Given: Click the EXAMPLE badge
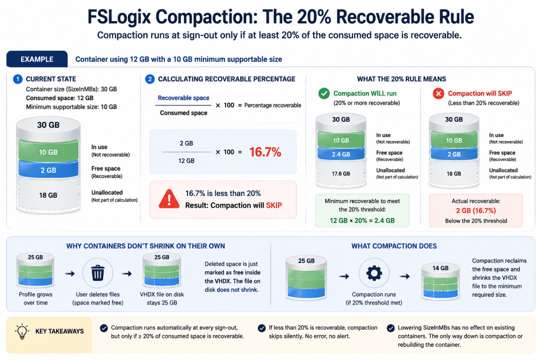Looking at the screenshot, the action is click(x=37, y=59).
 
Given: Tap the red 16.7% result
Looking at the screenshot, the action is click(x=265, y=152).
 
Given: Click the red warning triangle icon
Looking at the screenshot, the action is click(x=169, y=199).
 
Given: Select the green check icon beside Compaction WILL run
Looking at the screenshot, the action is click(x=324, y=93).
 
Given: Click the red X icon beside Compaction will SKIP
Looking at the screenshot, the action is click(x=439, y=93).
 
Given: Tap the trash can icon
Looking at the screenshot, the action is click(x=98, y=273).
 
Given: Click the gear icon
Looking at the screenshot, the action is click(x=374, y=273).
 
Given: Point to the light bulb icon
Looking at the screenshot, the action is click(x=22, y=331).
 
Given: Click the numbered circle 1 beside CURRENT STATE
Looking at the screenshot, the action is click(x=17, y=79).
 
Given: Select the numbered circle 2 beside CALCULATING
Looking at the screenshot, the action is click(x=150, y=79).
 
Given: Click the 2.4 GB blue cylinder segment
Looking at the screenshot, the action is click(x=341, y=154).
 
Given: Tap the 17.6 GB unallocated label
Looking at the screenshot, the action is click(x=341, y=174).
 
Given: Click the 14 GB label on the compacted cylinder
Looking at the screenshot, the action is click(x=441, y=268).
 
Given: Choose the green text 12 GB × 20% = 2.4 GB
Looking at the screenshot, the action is click(x=362, y=220).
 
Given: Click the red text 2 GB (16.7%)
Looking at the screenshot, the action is click(x=476, y=210).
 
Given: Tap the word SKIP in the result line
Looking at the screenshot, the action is click(x=274, y=205).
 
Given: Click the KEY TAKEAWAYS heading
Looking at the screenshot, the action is click(x=59, y=331).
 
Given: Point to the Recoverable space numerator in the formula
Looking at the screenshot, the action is click(x=183, y=98).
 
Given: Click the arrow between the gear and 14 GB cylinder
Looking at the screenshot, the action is click(x=405, y=276).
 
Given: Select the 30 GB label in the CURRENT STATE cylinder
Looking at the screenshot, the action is click(x=48, y=125).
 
